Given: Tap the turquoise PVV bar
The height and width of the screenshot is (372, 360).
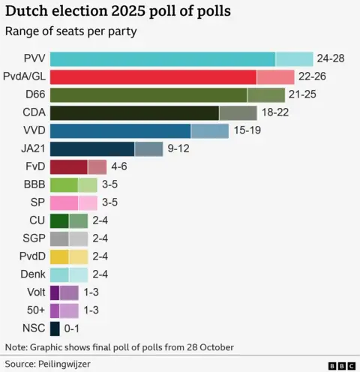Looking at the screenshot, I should (x=181, y=58).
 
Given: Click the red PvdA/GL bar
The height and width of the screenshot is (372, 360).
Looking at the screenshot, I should (x=172, y=76).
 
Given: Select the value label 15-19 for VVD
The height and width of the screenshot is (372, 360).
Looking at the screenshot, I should (x=247, y=130).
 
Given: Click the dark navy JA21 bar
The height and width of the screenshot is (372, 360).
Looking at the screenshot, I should (x=106, y=148).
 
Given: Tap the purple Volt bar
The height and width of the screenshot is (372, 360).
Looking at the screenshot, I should (x=64, y=292).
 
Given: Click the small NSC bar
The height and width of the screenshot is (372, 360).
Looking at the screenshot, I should (x=55, y=328).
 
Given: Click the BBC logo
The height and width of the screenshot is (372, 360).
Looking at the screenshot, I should (x=341, y=364).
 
